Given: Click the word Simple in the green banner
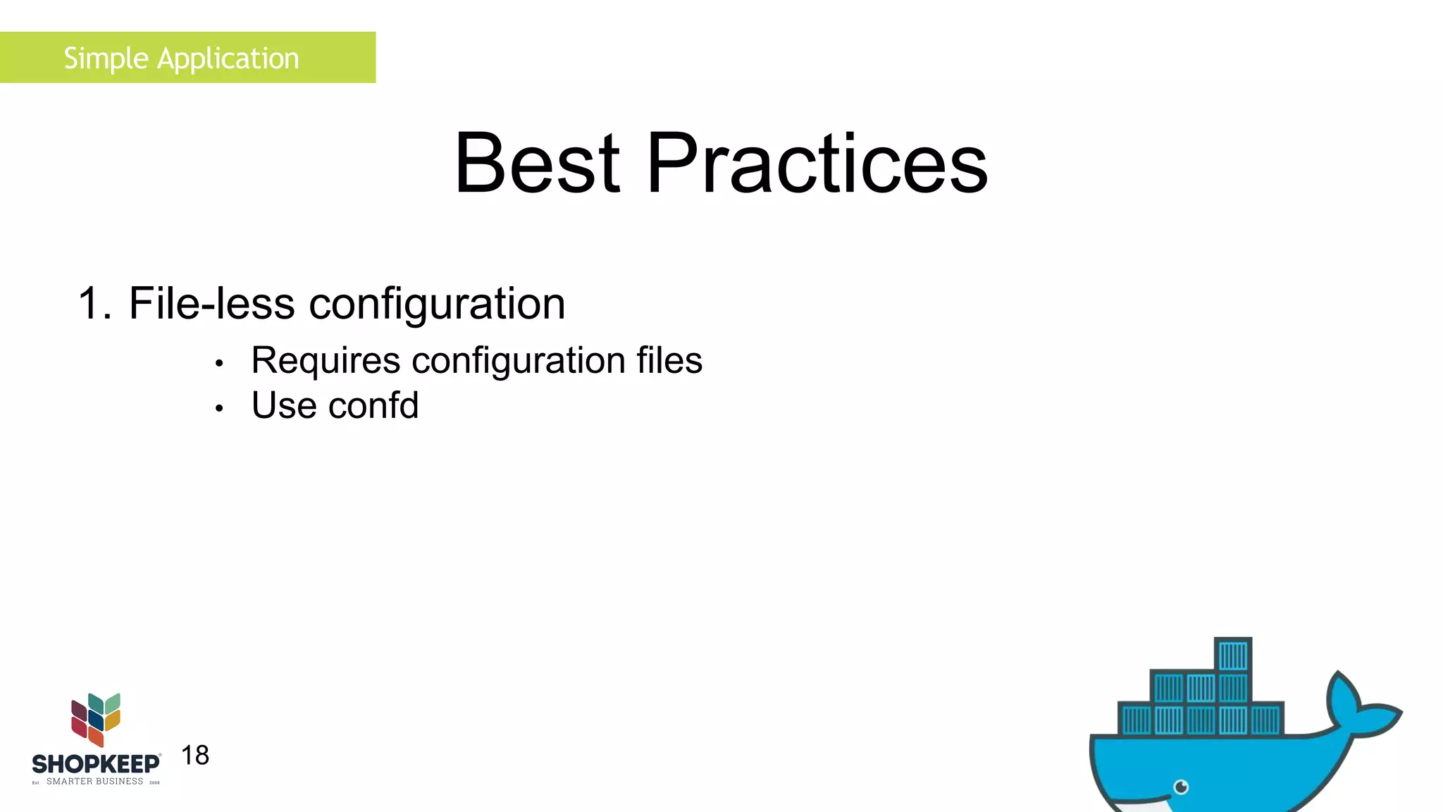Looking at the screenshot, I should click(x=106, y=59).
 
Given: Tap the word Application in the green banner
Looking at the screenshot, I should click(x=228, y=59).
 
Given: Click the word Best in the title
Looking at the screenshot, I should click(x=537, y=164).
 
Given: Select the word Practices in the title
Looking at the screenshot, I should click(x=817, y=164).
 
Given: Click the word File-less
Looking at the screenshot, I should click(x=211, y=304).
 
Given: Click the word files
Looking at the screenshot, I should click(x=669, y=360).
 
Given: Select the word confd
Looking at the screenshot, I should click(x=373, y=405).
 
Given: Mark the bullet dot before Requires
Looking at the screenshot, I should click(x=219, y=364).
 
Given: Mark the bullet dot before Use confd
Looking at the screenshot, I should click(x=219, y=408).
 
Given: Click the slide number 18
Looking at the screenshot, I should click(x=195, y=756).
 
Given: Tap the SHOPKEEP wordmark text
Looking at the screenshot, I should click(x=96, y=764).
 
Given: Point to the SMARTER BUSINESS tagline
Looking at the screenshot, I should click(x=94, y=782).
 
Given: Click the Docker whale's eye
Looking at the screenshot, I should click(x=1182, y=787).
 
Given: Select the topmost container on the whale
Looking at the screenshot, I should click(x=1233, y=656).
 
